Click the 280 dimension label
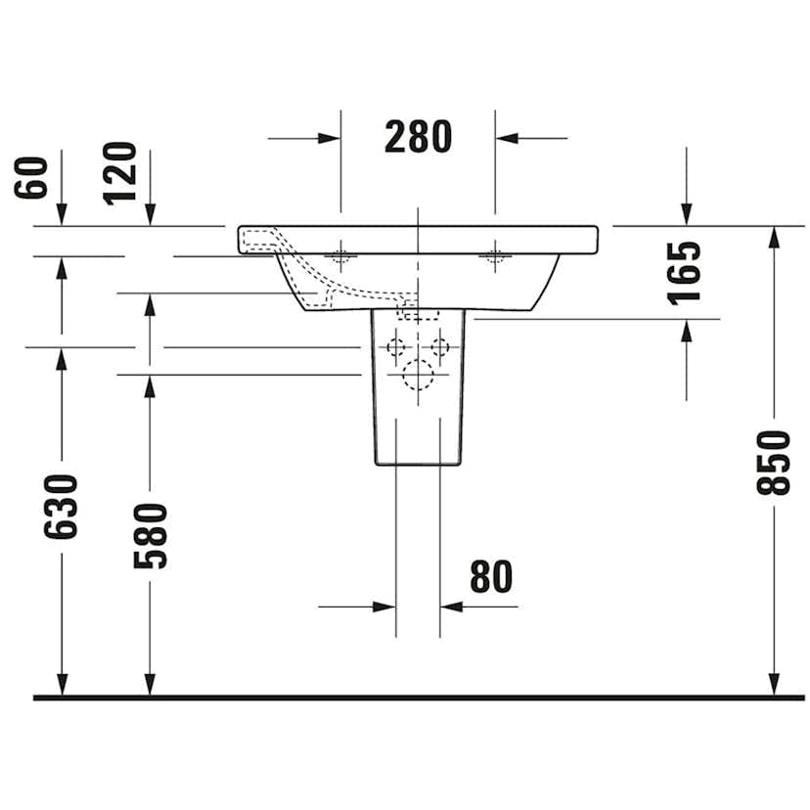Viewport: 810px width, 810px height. pos(418,138)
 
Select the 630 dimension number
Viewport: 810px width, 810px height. pos(61,507)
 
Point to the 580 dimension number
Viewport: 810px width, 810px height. pos(151,535)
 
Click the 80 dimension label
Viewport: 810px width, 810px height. pos(490,577)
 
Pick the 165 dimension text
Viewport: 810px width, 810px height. pos(686,272)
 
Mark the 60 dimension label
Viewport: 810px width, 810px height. pos(31,176)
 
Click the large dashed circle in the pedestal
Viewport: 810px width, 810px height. pos(418,375)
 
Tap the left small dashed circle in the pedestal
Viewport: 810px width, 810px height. pos(396,346)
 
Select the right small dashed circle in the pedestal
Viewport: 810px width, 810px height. pos(440,346)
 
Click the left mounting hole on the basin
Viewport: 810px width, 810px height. pos(340,256)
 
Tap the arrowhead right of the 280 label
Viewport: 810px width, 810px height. pos(507,138)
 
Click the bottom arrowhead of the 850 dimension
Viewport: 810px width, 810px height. pos(774,684)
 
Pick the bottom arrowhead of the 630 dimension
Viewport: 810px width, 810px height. pos(61,684)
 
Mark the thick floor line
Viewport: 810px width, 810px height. pos(405,697)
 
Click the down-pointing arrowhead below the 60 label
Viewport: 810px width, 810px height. pos(61,214)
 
